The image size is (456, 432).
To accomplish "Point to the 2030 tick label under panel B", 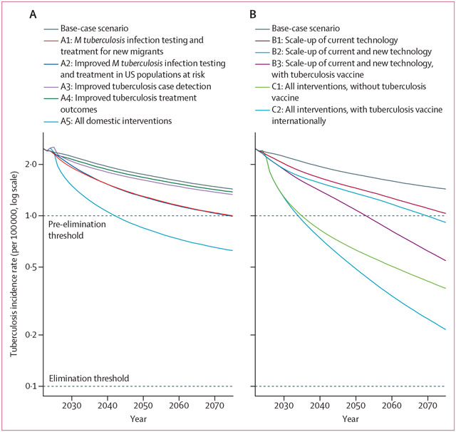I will (284, 404).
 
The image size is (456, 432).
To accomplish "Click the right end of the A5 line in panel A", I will (233, 250).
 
